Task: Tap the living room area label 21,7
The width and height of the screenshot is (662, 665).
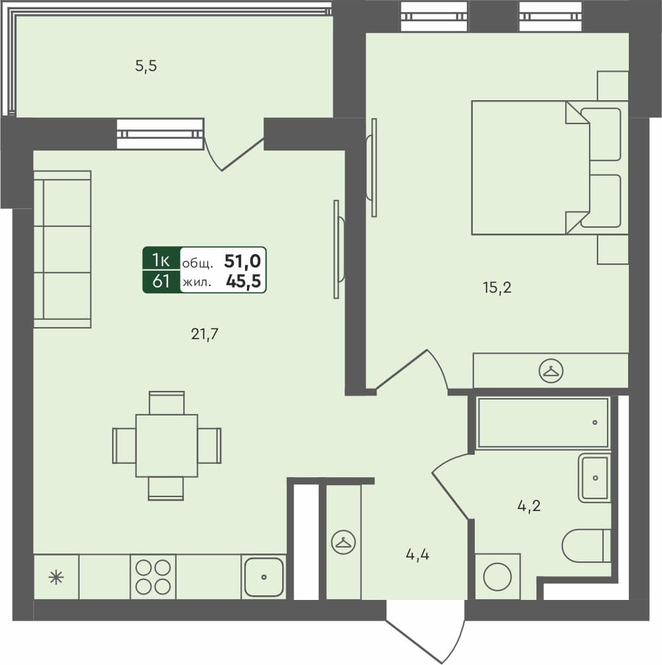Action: click(205, 334)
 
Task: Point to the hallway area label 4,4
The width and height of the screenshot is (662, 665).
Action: click(417, 554)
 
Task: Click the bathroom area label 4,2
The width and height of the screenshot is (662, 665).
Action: click(529, 506)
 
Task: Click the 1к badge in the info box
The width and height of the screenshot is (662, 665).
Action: click(160, 259)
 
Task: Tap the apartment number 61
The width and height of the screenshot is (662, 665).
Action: click(160, 281)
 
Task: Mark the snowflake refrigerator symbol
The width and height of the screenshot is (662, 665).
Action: click(56, 577)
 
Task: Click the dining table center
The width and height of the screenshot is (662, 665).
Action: click(167, 445)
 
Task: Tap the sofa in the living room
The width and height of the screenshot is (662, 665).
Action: click(62, 249)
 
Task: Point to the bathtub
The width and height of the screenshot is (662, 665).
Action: click(542, 423)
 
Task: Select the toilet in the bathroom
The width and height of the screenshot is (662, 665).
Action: click(586, 546)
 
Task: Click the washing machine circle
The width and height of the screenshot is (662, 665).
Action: click(497, 577)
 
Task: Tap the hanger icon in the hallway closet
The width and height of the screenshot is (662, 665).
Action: click(343, 542)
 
